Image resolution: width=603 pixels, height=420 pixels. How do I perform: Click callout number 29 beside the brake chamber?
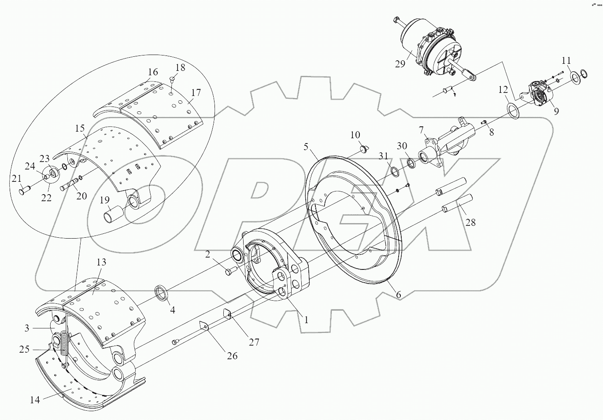coord(400,64)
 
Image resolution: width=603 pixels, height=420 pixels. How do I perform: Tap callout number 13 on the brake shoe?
coord(101,263)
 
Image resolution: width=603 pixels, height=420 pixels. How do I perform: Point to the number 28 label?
coord(470,222)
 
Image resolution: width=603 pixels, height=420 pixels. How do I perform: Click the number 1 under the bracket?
coord(306,320)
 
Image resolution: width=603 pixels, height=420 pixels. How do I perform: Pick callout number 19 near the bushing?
coord(104,201)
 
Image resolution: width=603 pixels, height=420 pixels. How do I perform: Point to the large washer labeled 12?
coord(512,110)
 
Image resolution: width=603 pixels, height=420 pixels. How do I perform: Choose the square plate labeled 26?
coord(203,326)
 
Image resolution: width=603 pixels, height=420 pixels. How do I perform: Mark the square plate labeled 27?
coord(228,313)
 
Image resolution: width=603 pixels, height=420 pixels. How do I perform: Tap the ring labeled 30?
coord(411,164)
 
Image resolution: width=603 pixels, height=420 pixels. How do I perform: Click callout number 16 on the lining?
coord(152,72)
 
